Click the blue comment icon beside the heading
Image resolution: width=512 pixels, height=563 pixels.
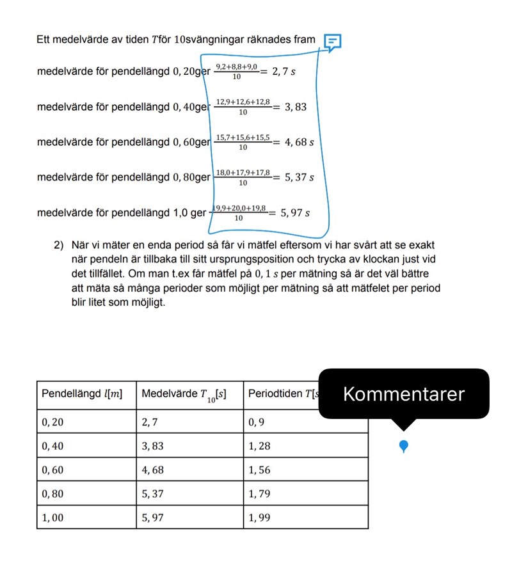[x=332, y=42]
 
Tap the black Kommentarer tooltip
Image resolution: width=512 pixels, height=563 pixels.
[x=403, y=394]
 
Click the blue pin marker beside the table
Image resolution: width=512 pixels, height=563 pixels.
[x=403, y=446]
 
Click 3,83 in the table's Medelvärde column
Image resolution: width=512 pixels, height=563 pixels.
[x=153, y=446]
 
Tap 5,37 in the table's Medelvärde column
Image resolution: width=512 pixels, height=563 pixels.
[x=153, y=494]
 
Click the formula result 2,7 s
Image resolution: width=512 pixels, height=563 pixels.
[x=284, y=71]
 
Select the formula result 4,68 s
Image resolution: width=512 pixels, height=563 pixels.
[x=299, y=142]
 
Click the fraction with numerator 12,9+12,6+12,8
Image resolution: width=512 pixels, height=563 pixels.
[x=243, y=107]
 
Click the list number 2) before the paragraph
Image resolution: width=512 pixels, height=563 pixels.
[x=60, y=244]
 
